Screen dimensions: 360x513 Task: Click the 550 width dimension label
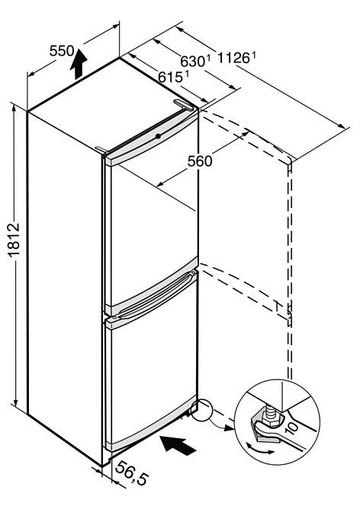coord(62,50)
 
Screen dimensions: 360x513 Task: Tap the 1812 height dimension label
coord(14,240)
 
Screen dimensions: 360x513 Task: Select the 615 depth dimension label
coord(173,77)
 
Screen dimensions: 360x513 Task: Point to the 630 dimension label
coord(195,61)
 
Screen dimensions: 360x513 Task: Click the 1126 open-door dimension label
coord(236,58)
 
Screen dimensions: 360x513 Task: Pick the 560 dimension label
coord(200,161)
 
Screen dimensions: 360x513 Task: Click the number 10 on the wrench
coord(291,427)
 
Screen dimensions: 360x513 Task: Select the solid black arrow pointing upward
coord(79,63)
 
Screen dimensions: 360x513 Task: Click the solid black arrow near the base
coord(178,445)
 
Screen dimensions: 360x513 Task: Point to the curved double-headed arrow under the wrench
coord(260,449)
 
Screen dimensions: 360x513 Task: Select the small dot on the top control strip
coord(158,136)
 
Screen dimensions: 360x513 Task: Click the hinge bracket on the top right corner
coord(184,105)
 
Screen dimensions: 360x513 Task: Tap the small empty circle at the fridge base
coord(202,409)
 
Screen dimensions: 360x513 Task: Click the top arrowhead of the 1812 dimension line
coord(14,108)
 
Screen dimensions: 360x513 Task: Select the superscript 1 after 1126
coord(253,55)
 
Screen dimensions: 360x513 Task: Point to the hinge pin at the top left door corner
coord(101,150)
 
